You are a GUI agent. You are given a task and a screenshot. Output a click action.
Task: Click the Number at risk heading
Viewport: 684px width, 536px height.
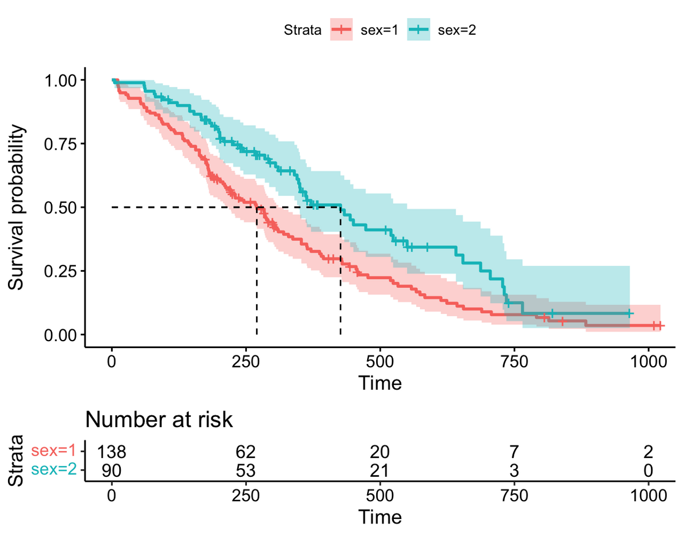(159, 420)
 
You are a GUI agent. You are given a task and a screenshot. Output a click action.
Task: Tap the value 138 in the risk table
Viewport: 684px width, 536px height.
(112, 453)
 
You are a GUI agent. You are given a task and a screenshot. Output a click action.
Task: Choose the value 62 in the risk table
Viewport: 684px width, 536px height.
(246, 453)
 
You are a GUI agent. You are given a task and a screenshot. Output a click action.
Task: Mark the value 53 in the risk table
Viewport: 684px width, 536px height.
(246, 470)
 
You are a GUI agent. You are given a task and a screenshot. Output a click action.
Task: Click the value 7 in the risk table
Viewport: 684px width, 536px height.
(514, 453)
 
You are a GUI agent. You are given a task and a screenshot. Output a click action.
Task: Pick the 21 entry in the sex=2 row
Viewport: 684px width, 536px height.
(380, 470)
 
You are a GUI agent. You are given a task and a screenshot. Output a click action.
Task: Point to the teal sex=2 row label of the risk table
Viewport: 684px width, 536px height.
(53, 470)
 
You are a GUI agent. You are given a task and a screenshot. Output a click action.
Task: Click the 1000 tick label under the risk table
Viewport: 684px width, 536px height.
(648, 496)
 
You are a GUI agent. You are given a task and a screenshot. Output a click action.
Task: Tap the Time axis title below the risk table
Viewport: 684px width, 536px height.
(380, 517)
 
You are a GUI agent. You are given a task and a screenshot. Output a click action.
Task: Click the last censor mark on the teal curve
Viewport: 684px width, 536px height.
(629, 313)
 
